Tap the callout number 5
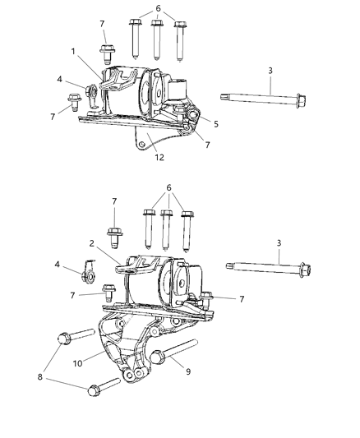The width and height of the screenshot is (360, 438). pyautogui.click(x=215, y=124)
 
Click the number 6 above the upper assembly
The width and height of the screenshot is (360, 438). pyautogui.click(x=158, y=7)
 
